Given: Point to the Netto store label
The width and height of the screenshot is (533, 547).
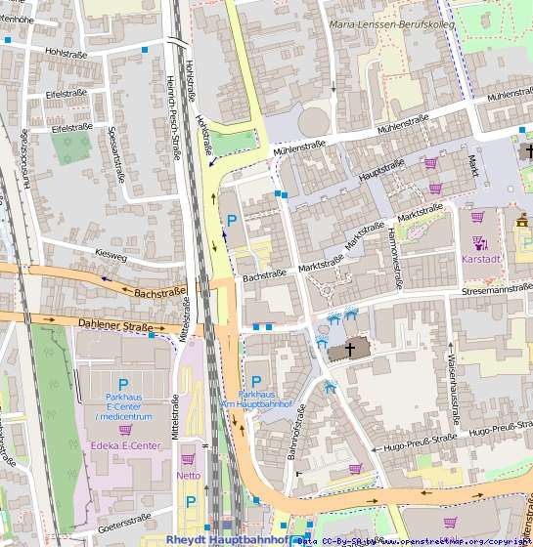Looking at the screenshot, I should coord(189,476).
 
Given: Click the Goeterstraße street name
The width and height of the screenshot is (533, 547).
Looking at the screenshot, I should coord(123,518).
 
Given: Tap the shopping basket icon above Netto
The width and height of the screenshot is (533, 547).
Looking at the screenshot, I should coord(188,459).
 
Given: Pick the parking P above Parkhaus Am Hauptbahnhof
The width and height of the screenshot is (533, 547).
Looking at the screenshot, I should coord(256,381).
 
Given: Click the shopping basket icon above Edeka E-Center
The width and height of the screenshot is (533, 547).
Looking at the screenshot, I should coord(125,430).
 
